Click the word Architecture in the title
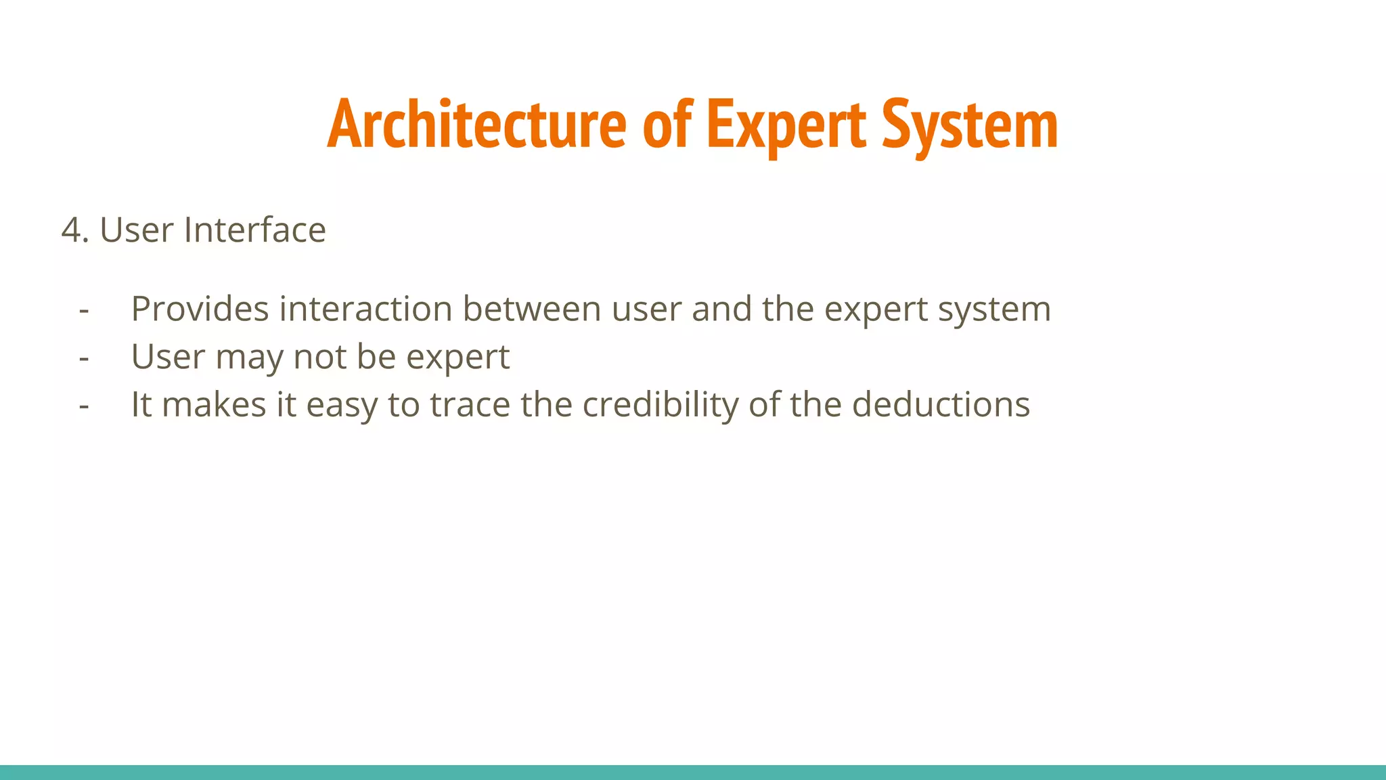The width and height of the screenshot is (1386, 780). (476, 125)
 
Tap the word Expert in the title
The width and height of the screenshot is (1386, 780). (786, 125)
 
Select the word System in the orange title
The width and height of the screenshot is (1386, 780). (970, 125)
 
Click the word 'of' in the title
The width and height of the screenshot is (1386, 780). (667, 125)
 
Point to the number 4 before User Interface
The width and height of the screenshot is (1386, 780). (73, 230)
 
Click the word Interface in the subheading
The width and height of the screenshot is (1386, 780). (254, 230)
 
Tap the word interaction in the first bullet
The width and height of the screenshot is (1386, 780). (365, 309)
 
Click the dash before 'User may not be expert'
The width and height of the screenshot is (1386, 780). (84, 357)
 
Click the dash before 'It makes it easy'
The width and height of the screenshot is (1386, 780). (84, 406)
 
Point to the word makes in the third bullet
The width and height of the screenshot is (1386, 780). (214, 405)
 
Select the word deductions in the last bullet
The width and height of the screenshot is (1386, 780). (941, 405)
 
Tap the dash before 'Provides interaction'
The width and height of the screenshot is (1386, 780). (84, 310)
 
